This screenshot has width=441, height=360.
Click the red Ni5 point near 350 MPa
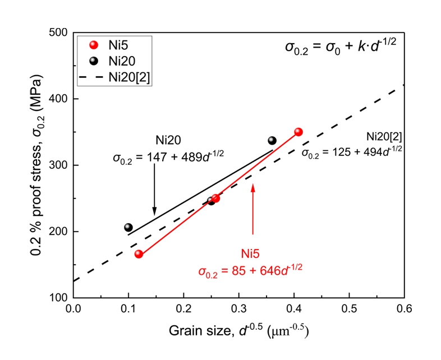(x=298, y=132)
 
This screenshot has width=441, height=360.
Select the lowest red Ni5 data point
(x=139, y=254)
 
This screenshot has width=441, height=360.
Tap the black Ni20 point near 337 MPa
(x=272, y=141)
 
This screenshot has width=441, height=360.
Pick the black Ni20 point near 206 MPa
(x=128, y=227)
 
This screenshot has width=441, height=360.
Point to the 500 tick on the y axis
(x=61, y=33)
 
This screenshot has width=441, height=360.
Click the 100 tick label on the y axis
(x=61, y=298)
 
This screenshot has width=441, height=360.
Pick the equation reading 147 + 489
(x=168, y=158)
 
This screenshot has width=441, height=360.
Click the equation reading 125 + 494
(x=352, y=152)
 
